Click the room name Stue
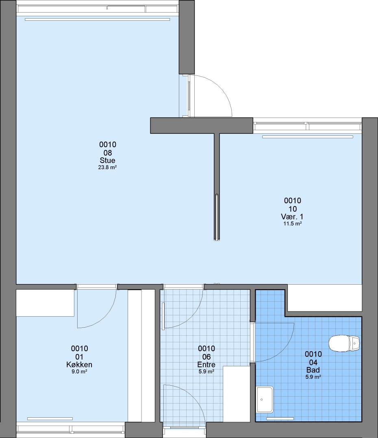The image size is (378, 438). point(108,160)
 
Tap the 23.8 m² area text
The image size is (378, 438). point(108,167)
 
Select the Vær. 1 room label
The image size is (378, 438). point(292,217)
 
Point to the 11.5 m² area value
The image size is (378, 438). point(293,223)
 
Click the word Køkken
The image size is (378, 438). point(79,365)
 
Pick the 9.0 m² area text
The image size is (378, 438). point(80,372)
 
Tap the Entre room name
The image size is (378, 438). point(206,365)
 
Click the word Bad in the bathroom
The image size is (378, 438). point(313,370)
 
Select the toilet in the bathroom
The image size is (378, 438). point(344,344)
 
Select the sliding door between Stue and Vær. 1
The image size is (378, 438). point(217,217)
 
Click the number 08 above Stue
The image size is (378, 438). point(108,153)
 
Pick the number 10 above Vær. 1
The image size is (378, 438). point(293,209)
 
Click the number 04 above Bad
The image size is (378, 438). point(313,362)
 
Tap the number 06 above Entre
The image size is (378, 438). point(206,357)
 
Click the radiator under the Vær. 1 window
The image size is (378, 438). point(307,137)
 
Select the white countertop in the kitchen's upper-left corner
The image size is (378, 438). point(45,303)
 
